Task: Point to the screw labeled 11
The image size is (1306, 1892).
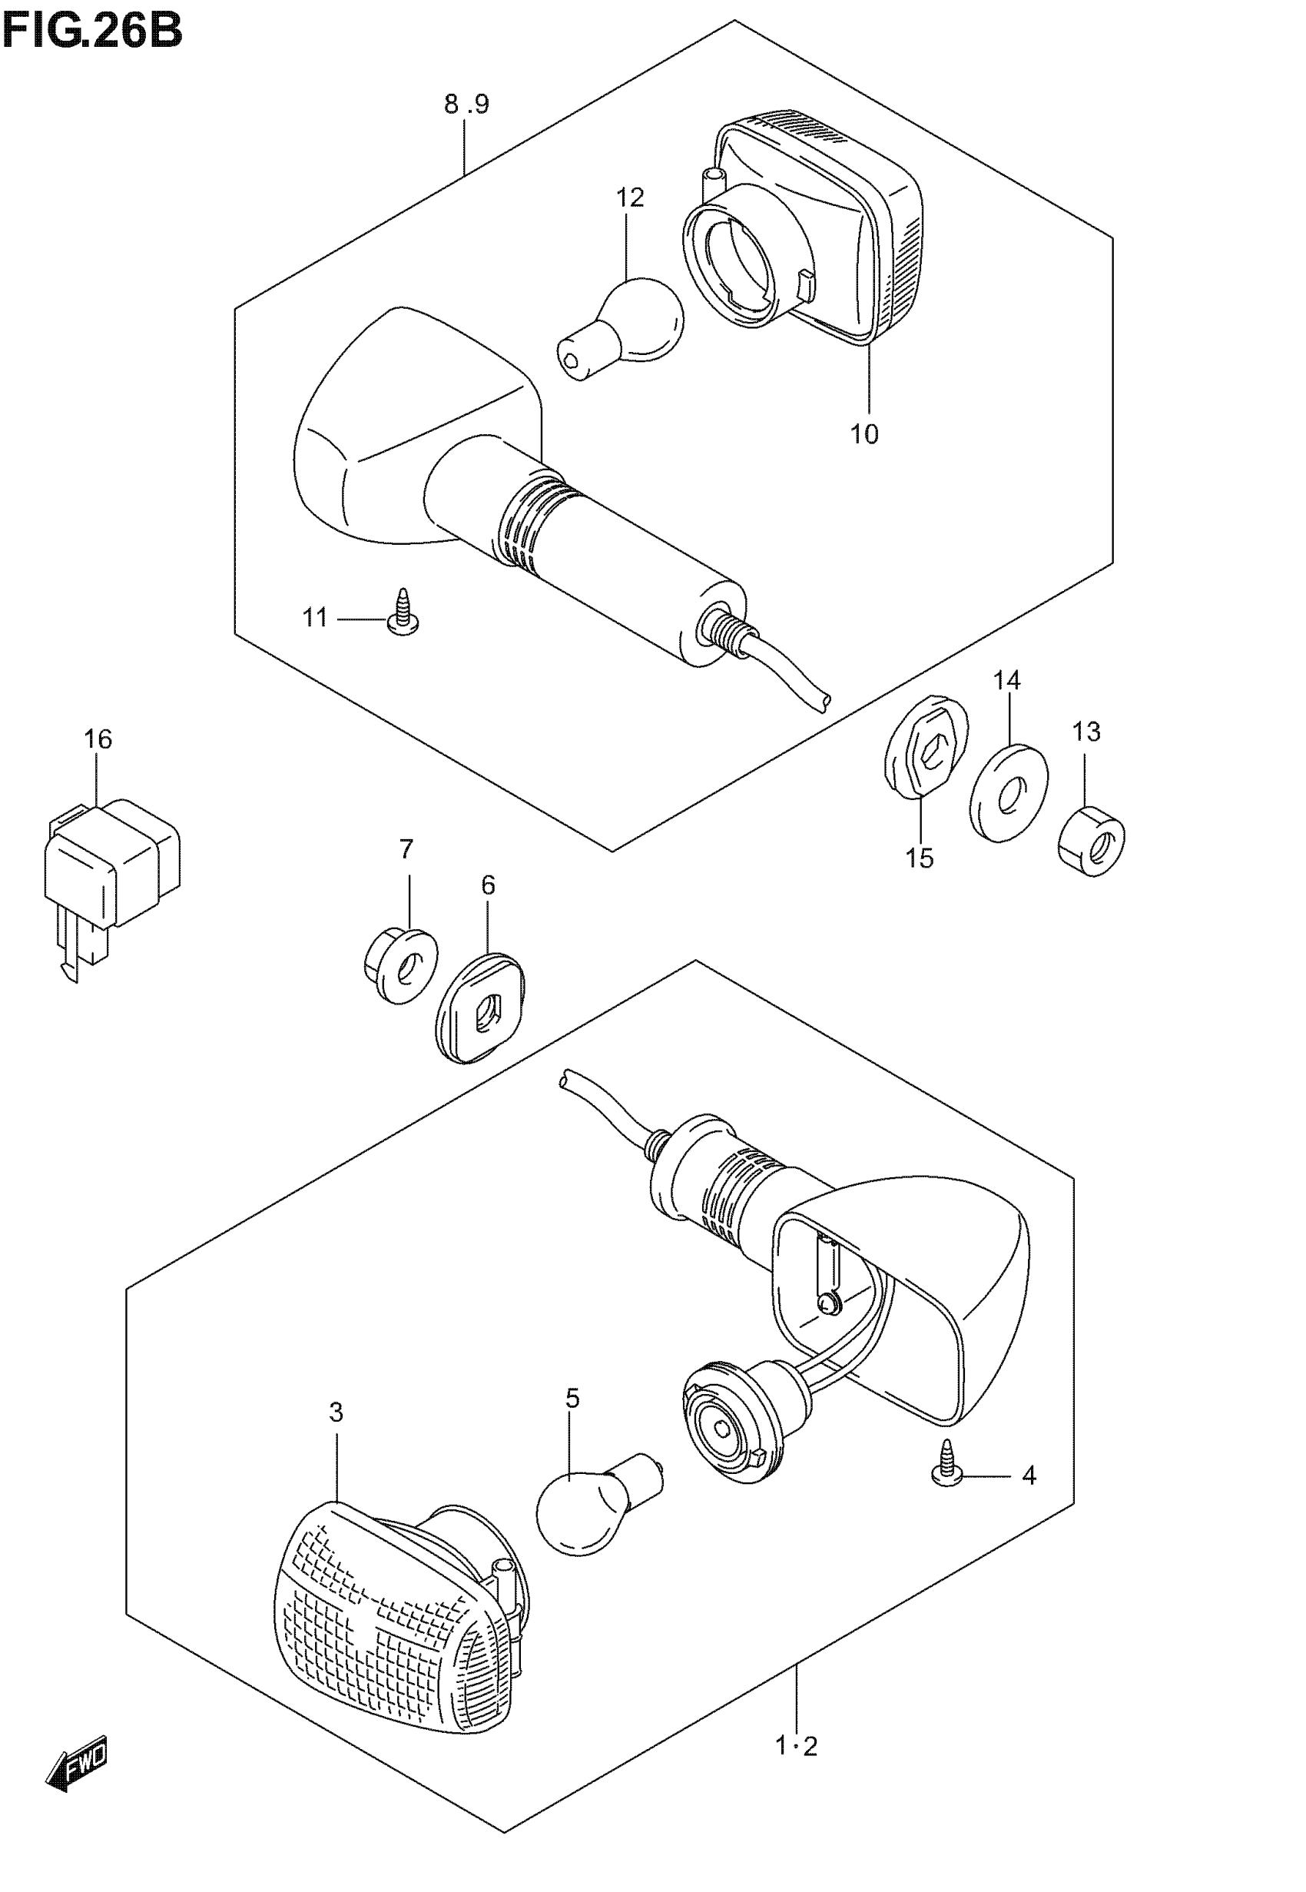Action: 403,617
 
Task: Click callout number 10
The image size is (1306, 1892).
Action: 864,433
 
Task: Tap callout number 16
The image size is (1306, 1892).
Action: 98,739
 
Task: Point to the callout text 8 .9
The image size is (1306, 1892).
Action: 466,105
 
